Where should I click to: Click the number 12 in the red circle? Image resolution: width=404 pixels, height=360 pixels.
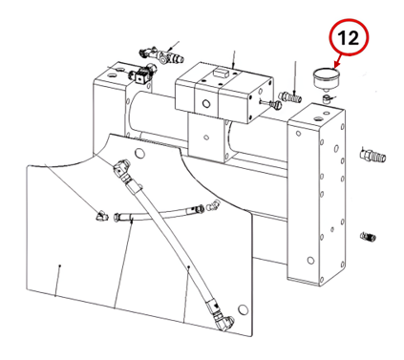point(348,37)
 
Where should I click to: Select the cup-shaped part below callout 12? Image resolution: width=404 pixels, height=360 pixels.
point(327,79)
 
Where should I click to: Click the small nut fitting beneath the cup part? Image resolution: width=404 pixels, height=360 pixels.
point(326,98)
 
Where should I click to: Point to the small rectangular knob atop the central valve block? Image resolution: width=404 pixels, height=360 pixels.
point(221,73)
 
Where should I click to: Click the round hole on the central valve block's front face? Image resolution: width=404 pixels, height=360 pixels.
point(206,103)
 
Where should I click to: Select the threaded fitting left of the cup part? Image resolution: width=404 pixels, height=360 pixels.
point(290,96)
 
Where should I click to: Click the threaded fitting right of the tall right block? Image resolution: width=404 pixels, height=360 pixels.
point(372,156)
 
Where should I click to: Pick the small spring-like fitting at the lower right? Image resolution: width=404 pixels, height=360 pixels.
point(369,237)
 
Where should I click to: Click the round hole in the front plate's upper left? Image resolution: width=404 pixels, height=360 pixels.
point(139,154)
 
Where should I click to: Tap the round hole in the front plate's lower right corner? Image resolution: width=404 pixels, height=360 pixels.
point(243,308)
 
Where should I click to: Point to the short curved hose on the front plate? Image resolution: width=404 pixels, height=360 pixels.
point(159,214)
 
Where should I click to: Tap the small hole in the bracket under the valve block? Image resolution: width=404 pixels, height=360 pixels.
point(206,138)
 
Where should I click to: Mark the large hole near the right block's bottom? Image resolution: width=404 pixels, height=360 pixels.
point(310,260)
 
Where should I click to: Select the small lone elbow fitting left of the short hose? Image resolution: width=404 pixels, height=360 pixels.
point(102,217)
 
